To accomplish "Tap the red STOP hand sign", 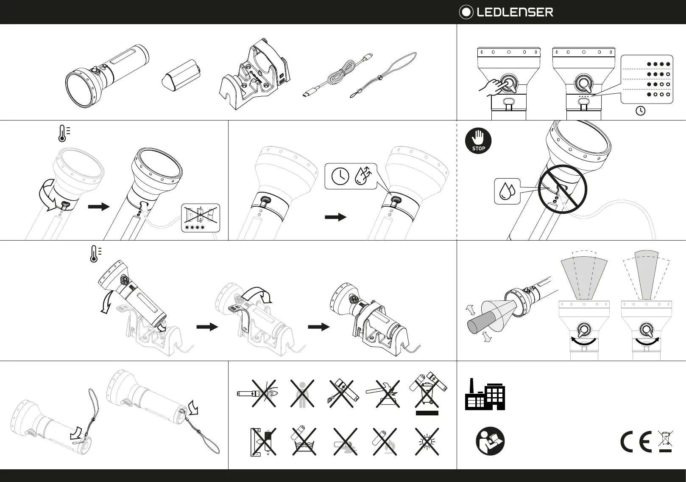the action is click(x=478, y=140).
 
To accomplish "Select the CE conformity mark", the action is click(x=636, y=442).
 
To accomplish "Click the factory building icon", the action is click(x=485, y=394).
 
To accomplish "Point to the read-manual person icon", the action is click(x=490, y=441).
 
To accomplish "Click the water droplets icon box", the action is click(x=507, y=191).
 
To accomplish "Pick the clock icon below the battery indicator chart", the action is click(x=641, y=111).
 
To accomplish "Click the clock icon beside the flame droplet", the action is click(x=340, y=176).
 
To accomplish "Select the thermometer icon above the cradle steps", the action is click(x=94, y=254).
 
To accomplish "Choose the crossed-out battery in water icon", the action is click(x=304, y=442).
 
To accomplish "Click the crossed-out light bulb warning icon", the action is click(x=427, y=442).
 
